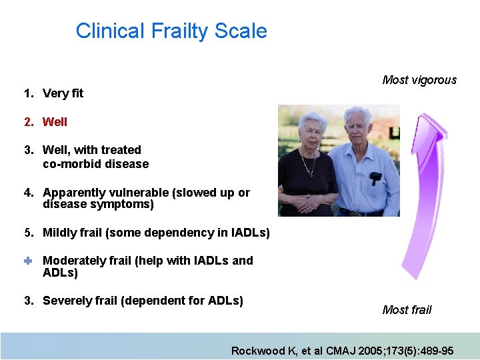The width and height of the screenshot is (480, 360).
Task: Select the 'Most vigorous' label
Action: coord(419,80)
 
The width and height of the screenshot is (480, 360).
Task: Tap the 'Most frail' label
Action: coord(407,309)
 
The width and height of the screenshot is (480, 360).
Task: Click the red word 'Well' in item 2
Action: coord(55,122)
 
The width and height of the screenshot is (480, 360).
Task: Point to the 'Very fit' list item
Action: coord(63,93)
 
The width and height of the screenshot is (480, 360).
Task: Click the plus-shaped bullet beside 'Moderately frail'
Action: coord(28,261)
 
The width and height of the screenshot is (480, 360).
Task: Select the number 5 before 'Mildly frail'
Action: coord(27,233)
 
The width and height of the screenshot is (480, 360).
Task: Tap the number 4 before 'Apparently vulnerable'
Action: coord(27,193)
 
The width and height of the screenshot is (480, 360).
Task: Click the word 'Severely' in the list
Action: coord(65,301)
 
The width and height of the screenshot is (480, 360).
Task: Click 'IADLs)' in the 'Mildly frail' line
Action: coord(250,233)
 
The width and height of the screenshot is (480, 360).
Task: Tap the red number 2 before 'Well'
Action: coord(27,122)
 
